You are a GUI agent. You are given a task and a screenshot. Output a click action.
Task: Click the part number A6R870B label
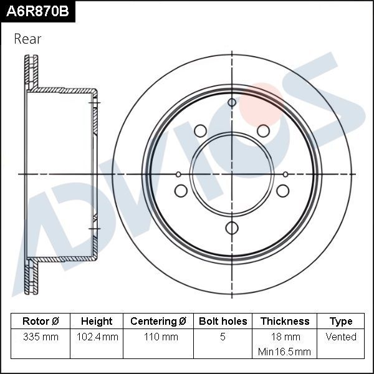pos(37,11)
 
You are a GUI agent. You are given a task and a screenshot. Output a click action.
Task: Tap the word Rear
pos(27,39)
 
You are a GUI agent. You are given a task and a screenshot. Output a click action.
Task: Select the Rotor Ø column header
pos(41,322)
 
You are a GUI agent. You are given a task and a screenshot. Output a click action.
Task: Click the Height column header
pos(97,322)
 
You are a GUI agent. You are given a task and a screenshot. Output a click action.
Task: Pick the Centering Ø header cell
pos(158,322)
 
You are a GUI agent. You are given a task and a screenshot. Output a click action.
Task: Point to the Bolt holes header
pos(223,322)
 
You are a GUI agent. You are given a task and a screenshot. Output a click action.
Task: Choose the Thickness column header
pos(284,322)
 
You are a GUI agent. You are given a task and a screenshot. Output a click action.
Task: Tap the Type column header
pos(341,322)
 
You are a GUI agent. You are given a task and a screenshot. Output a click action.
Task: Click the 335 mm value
pos(41,337)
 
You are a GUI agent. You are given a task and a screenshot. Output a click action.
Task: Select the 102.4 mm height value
pos(97,337)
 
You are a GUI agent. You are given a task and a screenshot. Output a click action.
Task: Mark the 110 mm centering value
pos(158,337)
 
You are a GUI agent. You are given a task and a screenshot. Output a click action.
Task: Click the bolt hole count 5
pos(223,337)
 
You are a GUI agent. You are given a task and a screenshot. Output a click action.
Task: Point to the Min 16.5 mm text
pos(284,352)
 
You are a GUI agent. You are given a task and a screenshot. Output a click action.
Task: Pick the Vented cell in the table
pos(341,337)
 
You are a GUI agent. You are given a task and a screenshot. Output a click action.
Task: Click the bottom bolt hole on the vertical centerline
pos(232,228)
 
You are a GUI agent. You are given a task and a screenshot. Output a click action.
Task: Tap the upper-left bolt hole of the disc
pos(200,130)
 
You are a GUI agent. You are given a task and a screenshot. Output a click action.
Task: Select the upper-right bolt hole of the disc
pos(264,130)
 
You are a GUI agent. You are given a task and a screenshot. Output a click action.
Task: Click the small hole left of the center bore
pos(178,174)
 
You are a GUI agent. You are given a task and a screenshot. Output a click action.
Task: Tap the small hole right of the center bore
pos(285,174)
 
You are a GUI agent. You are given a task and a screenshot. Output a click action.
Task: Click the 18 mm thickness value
pos(284,337)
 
